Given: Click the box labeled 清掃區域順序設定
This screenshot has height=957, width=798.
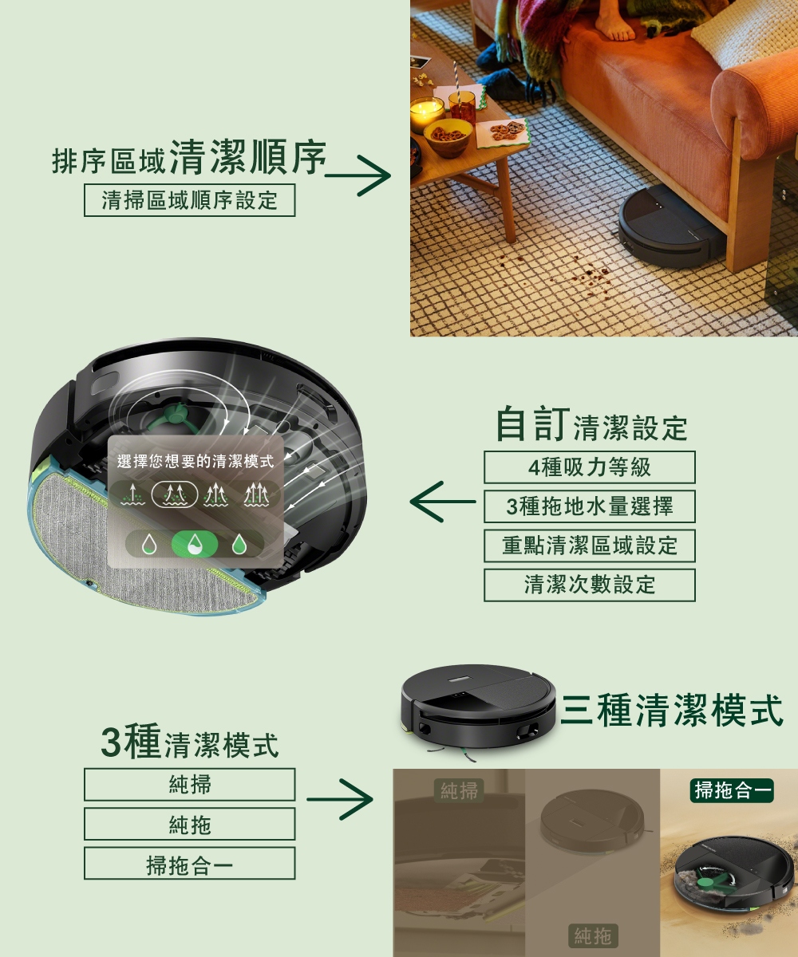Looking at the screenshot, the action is tap(189, 200).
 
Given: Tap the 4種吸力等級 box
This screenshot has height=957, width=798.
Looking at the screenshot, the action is tap(590, 467).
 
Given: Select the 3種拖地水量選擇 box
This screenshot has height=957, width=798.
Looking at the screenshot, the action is tap(590, 506).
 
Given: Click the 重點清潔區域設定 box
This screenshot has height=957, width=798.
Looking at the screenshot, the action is tap(590, 545).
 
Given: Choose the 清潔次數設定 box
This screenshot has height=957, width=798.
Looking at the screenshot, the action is tap(590, 585).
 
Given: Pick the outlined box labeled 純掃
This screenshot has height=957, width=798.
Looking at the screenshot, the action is tap(189, 785).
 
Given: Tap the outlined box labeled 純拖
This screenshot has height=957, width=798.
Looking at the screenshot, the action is tap(189, 824).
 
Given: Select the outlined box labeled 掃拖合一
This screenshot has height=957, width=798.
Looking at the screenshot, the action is tap(189, 864).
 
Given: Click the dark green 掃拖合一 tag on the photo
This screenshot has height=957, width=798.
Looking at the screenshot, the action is tap(732, 790).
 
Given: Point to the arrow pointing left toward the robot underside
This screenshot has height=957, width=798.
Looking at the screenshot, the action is tap(443, 502).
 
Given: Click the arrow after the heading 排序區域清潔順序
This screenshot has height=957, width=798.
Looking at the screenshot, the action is tap(358, 175).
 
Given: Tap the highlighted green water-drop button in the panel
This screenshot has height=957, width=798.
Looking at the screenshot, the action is tap(195, 545).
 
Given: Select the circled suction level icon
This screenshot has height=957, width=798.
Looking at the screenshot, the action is tap(174, 494).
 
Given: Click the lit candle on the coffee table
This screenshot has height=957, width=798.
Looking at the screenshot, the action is tap(426, 114).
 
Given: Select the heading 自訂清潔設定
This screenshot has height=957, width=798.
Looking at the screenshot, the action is tap(591, 423).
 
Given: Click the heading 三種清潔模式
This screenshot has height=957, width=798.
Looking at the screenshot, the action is tap(673, 710).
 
